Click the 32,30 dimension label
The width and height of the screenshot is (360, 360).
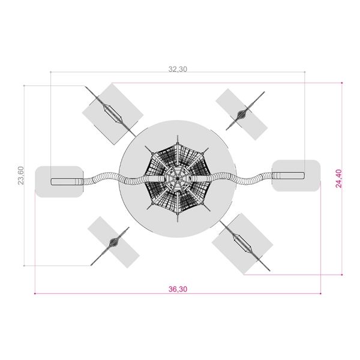pyautogui.click(x=178, y=69)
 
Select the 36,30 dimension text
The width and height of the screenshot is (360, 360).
pyautogui.click(x=178, y=289)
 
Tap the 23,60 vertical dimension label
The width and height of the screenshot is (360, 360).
pyautogui.click(x=21, y=175)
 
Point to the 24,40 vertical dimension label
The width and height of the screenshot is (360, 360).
pyautogui.click(x=339, y=178)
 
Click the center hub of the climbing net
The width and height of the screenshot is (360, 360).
pyautogui.click(x=178, y=178)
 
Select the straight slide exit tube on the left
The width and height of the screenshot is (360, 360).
pyautogui.click(x=67, y=182)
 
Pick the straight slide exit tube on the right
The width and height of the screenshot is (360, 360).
pyautogui.click(x=289, y=175)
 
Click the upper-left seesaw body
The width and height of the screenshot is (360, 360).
pyautogui.click(x=113, y=114)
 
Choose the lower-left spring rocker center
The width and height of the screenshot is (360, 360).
pyautogui.click(x=113, y=242)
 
